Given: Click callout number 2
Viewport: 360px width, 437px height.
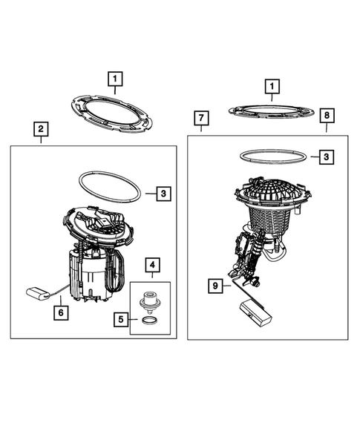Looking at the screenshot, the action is pyautogui.click(x=41, y=129).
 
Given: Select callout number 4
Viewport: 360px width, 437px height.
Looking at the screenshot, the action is pyautogui.click(x=152, y=265).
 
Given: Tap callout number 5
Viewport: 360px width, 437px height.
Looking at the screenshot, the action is pyautogui.click(x=121, y=319).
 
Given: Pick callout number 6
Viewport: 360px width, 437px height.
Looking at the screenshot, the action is pyautogui.click(x=61, y=312).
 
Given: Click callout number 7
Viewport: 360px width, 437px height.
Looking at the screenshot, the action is pyautogui.click(x=201, y=118).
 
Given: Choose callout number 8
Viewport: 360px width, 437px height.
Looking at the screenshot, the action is pyautogui.click(x=327, y=116).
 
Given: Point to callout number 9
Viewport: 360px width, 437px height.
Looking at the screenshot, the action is pyautogui.click(x=215, y=286).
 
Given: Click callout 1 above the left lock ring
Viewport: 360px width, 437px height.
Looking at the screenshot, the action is pyautogui.click(x=115, y=79).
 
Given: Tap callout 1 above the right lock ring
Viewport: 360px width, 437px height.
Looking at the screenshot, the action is pyautogui.click(x=272, y=87).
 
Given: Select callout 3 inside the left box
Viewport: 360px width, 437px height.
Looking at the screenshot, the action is pyautogui.click(x=163, y=194).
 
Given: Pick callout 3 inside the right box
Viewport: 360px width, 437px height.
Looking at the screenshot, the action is pyautogui.click(x=327, y=157).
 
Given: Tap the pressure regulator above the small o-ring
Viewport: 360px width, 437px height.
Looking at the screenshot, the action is pyautogui.click(x=149, y=303).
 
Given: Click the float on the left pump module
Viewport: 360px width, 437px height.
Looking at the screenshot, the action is pyautogui.click(x=38, y=294).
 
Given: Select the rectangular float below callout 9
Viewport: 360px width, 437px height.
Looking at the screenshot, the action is pyautogui.click(x=255, y=312).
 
